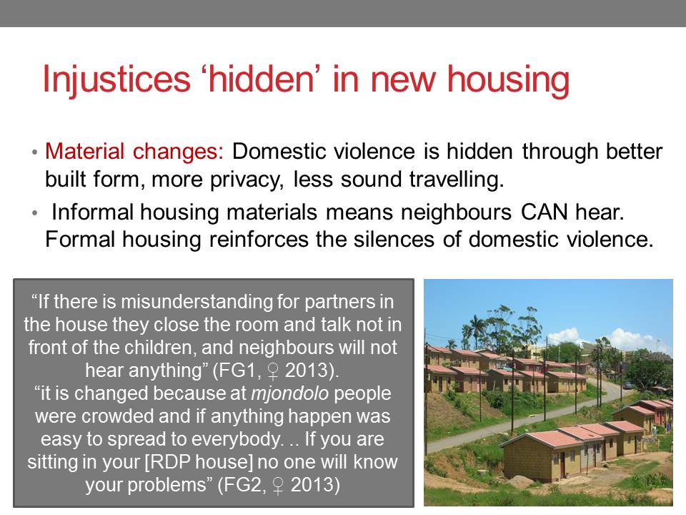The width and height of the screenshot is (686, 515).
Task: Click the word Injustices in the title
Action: pos(116,79)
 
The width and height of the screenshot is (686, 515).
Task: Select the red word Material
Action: pos(85,152)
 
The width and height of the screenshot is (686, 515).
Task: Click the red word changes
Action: pos(178,152)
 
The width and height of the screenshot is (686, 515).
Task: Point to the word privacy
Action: pos(247,180)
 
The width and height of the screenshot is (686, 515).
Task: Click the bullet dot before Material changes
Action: pos(34,152)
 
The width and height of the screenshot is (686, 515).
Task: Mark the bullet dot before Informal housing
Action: pos(34,213)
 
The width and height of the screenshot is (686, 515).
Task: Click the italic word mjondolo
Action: pos(289,393)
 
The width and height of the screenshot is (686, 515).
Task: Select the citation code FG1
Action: pos(237,371)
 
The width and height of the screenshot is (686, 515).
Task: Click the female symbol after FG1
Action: pos(273,372)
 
